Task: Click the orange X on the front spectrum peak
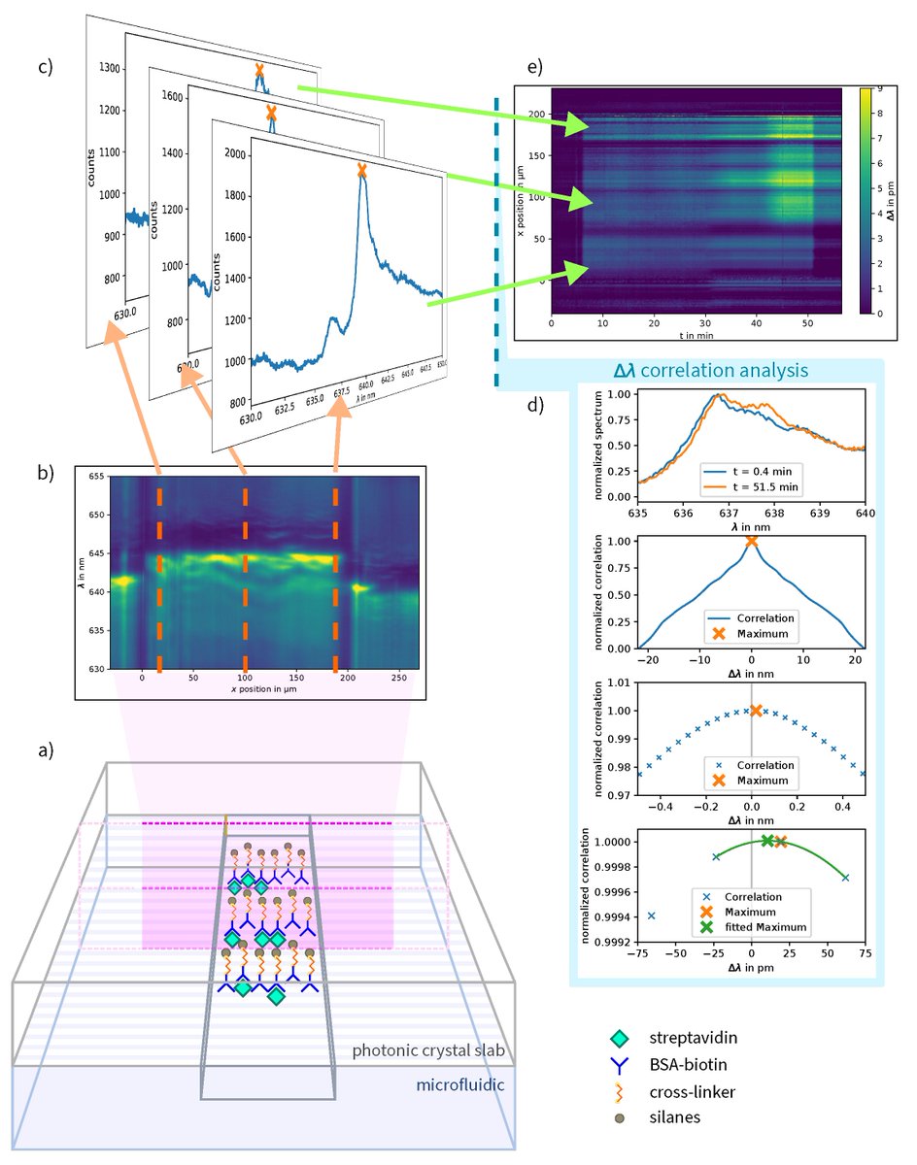(362, 170)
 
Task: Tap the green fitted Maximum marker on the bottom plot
(767, 840)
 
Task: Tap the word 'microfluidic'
(459, 1084)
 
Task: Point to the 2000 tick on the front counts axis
(234, 153)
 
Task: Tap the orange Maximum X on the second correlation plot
(751, 541)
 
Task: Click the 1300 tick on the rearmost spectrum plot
(110, 68)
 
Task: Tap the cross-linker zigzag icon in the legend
(622, 1091)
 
